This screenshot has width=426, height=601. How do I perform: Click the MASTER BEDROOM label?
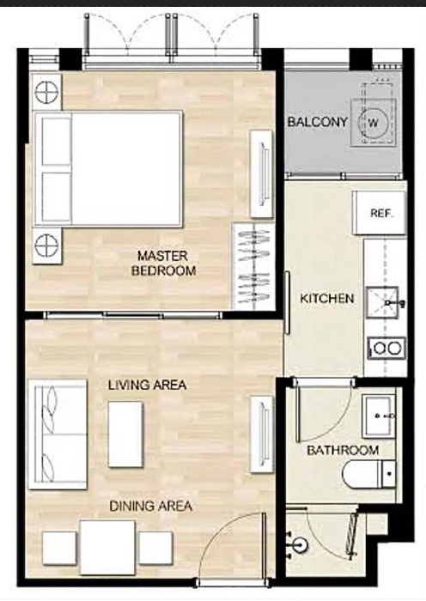pyautogui.click(x=163, y=264)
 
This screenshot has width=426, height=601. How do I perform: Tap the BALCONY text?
pyautogui.click(x=318, y=122)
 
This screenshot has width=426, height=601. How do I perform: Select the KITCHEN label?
pyautogui.click(x=326, y=298)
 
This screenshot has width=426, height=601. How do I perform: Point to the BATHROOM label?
pyautogui.click(x=343, y=450)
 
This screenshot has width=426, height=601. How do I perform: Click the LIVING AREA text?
pyautogui.click(x=147, y=385)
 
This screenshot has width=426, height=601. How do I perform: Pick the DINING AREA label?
pyautogui.click(x=150, y=506)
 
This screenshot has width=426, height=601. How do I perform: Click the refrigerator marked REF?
pyautogui.click(x=379, y=213)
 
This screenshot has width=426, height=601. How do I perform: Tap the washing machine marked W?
pyautogui.click(x=374, y=122)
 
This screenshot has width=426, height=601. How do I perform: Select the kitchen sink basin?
pyautogui.click(x=382, y=302)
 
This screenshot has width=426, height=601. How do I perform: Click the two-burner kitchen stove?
pyautogui.click(x=386, y=348)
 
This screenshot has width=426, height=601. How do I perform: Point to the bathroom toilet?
pyautogui.click(x=368, y=474)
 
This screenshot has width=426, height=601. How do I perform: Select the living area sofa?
pyautogui.click(x=58, y=434)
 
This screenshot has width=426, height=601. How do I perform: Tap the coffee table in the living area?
pyautogui.click(x=125, y=434)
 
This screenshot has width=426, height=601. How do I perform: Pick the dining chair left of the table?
pyautogui.click(x=59, y=548)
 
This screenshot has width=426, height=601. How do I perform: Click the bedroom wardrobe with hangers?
pyautogui.click(x=254, y=266)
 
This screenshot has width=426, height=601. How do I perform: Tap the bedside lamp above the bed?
pyautogui.click(x=46, y=92)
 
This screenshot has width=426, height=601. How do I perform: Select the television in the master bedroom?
pyautogui.click(x=262, y=174)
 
